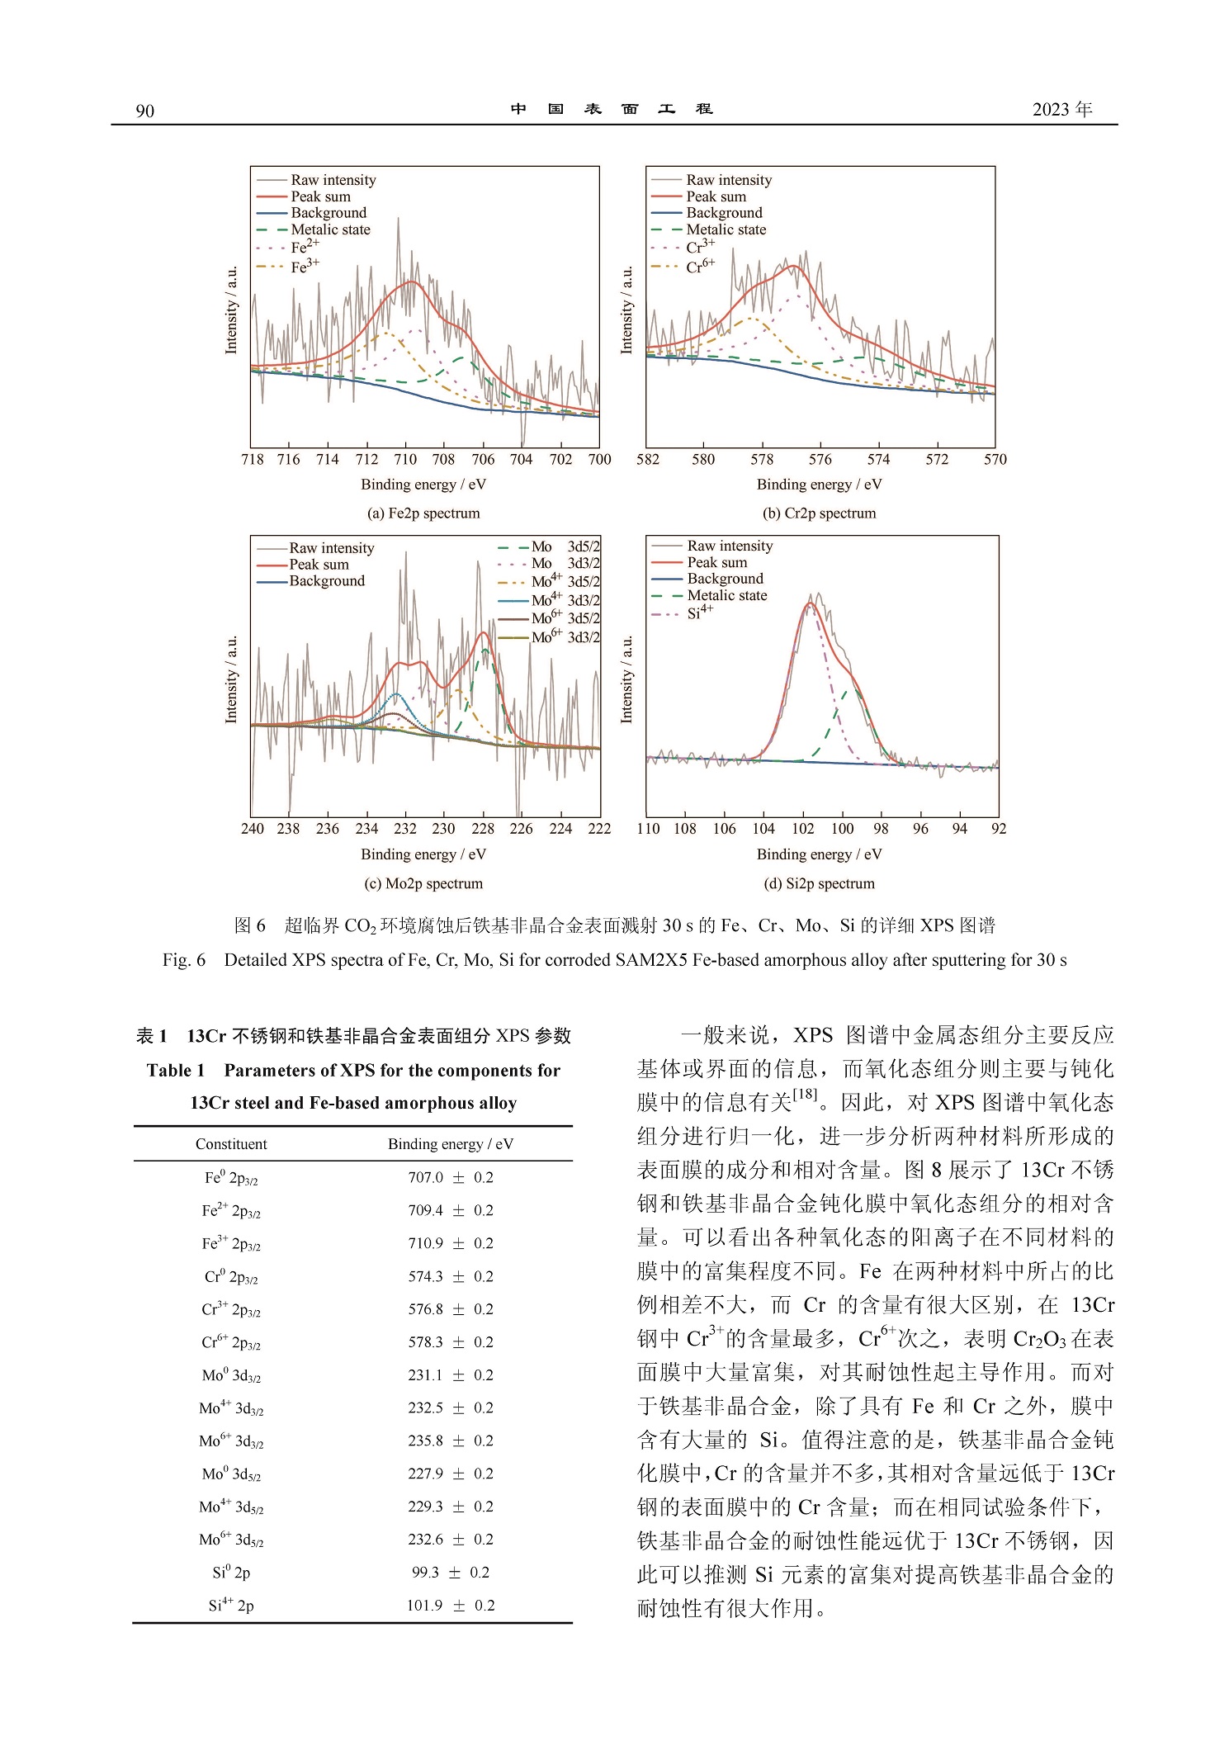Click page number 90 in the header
(144, 111)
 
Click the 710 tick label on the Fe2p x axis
(405, 460)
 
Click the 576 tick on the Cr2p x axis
(820, 460)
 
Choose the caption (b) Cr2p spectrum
(819, 513)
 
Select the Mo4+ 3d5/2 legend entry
(565, 581)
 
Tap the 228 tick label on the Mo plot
(483, 829)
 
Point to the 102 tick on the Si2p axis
(802, 829)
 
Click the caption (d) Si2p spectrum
(819, 883)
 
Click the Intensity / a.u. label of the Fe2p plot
(231, 310)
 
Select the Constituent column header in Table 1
(231, 1144)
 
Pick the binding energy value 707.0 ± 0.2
(451, 1177)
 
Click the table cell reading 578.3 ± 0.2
(451, 1342)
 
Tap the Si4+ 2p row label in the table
(231, 1606)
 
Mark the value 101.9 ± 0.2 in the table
(451, 1606)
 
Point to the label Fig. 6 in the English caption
(183, 960)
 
